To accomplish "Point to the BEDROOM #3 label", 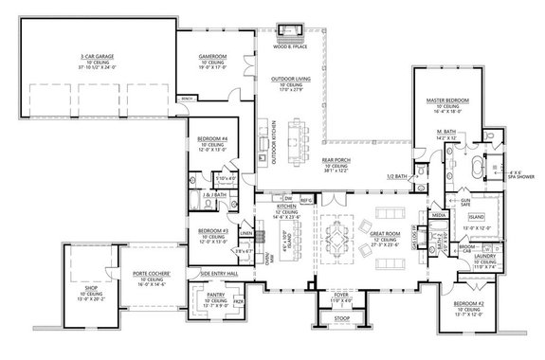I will pos(212,231).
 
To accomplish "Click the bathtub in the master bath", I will pos(480,173).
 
